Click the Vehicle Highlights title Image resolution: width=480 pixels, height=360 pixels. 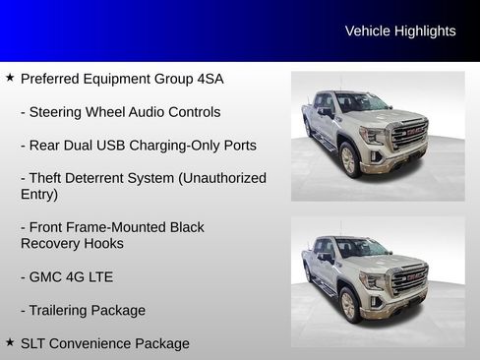point(400,31)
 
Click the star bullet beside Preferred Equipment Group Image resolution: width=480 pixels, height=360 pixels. point(10,77)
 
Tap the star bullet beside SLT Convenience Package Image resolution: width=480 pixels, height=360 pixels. point(10,342)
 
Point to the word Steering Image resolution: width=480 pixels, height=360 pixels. point(58,112)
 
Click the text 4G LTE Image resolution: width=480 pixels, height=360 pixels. point(88,277)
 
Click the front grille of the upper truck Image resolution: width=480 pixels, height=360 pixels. point(409,135)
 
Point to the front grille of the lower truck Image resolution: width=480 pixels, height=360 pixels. point(409,280)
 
